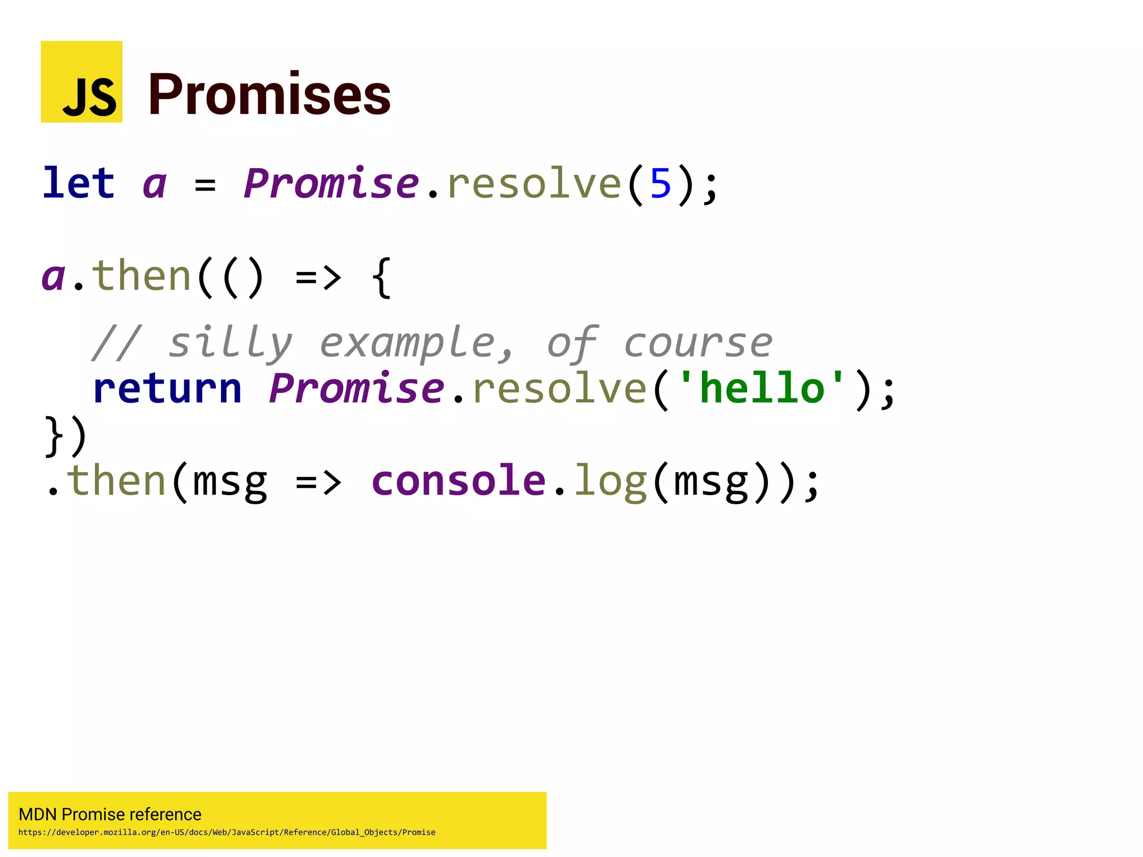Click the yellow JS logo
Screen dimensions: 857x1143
tap(81, 82)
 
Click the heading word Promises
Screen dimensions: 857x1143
tap(270, 95)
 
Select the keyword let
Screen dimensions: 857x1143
tap(79, 183)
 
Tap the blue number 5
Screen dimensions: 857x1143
tap(660, 184)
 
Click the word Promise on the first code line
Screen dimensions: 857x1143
tap(331, 183)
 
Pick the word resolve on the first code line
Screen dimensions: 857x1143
tap(534, 183)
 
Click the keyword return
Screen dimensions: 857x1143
tap(167, 389)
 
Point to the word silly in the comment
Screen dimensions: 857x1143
tap(230, 342)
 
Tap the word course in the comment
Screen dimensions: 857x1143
tap(698, 343)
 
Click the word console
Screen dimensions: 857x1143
tap(458, 481)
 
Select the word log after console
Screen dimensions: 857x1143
tap(611, 482)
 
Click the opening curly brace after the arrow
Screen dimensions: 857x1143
tap(381, 277)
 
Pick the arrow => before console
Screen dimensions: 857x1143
tap(318, 482)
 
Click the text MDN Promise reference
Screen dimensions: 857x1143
tap(110, 814)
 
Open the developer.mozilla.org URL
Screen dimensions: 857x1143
tap(227, 832)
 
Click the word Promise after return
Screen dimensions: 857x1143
tap(356, 389)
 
